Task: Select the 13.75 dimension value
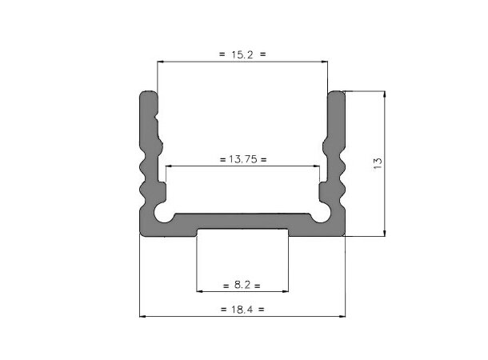pos(242,159)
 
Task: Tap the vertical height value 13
pos(378,163)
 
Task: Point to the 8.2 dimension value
pos(242,285)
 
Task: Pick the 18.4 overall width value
pos(242,309)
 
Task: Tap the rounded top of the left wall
pos(149,95)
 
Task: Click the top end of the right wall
pos(337,95)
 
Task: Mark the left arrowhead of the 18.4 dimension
pos(143,316)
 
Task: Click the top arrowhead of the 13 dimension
pos(386,94)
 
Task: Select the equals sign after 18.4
pos(262,309)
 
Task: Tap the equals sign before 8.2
pos(224,285)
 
